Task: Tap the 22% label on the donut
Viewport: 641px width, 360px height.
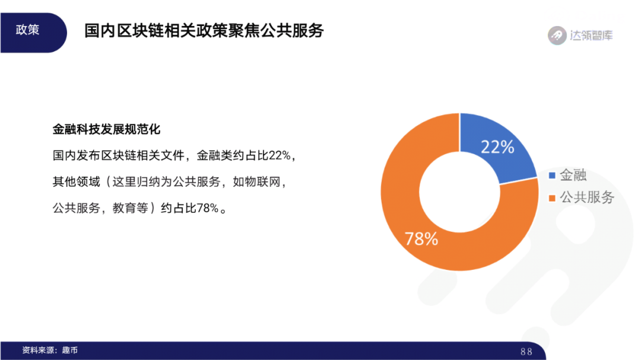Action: coord(497,147)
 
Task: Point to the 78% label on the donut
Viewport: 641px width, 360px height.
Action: coord(421,239)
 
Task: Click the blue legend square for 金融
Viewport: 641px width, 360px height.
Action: coord(552,176)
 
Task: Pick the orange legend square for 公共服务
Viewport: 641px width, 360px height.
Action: coord(552,197)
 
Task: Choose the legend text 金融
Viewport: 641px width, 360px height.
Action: coord(573,176)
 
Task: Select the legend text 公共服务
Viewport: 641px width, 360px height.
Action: coord(587,197)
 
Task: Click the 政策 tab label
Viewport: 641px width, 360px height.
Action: coord(27,30)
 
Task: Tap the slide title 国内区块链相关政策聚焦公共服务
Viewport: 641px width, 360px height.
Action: coord(204,31)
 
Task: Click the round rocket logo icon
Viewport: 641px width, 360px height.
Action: coord(557,35)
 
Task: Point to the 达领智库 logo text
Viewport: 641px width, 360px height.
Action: coord(591,35)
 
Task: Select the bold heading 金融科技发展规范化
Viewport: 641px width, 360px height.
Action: coord(107,129)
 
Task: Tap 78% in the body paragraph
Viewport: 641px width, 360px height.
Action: coord(207,208)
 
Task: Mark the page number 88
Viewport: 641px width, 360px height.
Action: coord(526,352)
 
